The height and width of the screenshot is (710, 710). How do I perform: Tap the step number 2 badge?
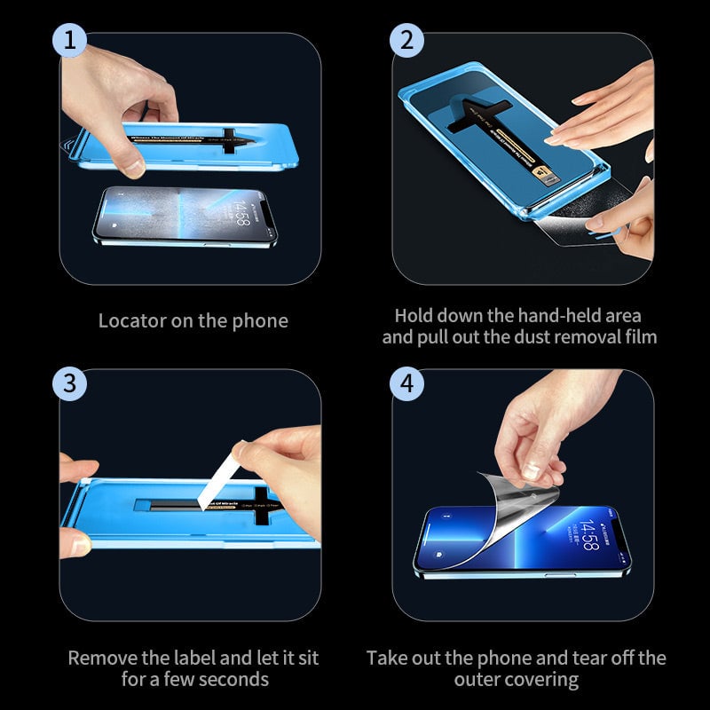tap(406, 40)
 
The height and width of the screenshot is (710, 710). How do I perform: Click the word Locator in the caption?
tap(130, 321)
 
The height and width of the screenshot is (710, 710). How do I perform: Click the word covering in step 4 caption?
tap(542, 680)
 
